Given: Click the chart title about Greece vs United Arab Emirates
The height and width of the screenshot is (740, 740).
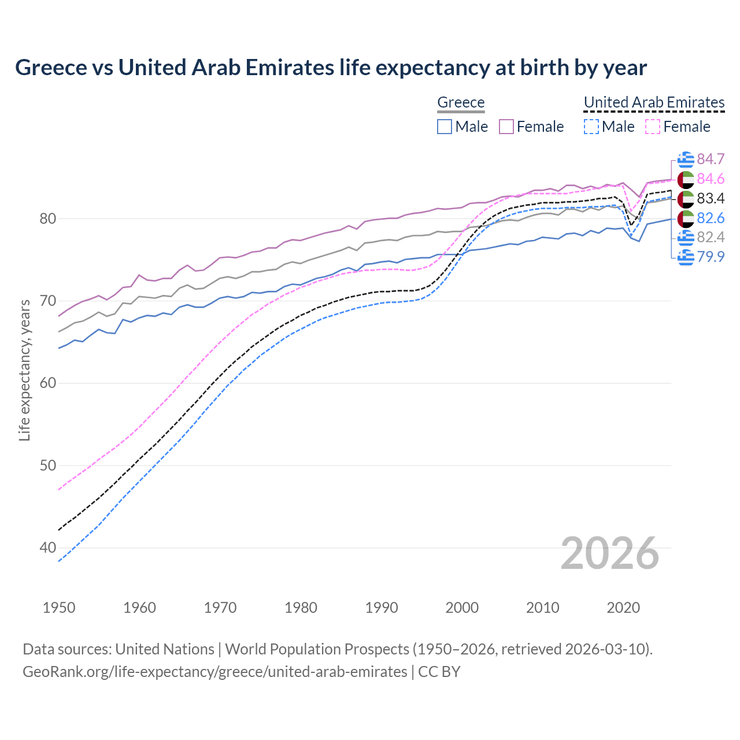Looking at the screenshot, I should (331, 68).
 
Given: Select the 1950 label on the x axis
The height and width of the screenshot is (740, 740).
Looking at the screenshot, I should (59, 608).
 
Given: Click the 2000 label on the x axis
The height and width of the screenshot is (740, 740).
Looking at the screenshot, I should (462, 608).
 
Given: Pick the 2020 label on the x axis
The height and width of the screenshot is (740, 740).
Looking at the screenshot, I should (623, 608).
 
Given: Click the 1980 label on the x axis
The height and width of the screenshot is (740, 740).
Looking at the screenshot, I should (301, 608).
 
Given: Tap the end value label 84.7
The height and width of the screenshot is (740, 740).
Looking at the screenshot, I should (711, 160).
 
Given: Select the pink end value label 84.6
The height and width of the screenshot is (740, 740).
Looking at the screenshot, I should (711, 179).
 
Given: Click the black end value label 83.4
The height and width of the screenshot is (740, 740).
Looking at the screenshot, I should (711, 199).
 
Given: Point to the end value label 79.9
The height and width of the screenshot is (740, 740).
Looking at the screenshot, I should (711, 257).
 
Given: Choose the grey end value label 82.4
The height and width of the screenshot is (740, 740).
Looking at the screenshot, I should (711, 237).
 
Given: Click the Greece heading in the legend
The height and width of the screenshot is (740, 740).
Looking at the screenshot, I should (461, 102).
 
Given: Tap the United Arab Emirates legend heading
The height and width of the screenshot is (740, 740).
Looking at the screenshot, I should (654, 102).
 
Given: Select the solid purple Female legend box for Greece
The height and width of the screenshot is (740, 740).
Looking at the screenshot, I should (506, 127).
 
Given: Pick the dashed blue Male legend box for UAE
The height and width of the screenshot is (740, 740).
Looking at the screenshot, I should (591, 127).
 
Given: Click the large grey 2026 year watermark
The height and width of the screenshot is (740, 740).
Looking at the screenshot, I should (609, 553).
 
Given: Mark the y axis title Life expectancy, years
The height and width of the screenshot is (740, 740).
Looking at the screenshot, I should (24, 370).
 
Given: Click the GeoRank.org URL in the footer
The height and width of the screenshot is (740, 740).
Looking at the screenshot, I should (214, 672).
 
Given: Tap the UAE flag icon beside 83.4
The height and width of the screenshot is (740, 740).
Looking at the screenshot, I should (686, 199).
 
